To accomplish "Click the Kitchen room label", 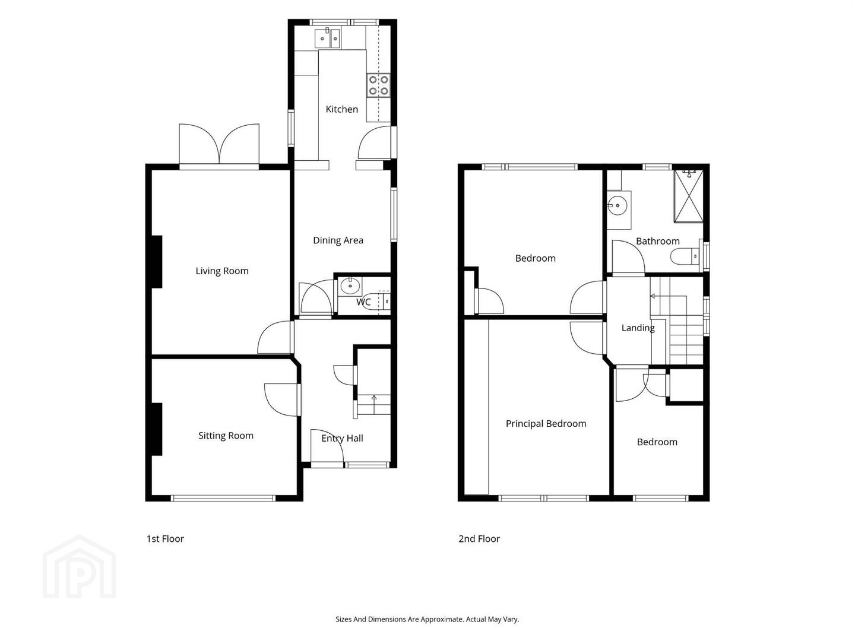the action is click(341, 109).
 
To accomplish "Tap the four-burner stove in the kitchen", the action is click(378, 85).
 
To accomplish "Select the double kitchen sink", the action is click(327, 38).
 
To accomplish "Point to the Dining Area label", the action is click(338, 240).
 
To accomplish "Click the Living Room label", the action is click(222, 271).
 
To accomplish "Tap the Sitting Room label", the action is click(226, 436).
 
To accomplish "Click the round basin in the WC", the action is click(350, 286).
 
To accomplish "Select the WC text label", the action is click(363, 302).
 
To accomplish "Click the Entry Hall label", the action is click(342, 438).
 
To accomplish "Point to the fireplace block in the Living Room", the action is click(157, 262).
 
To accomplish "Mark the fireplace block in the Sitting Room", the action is click(157, 429).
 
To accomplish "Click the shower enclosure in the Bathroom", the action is click(688, 196).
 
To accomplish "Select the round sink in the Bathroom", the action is click(617, 207).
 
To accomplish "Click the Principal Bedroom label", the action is click(546, 423).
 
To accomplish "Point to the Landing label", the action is click(638, 328).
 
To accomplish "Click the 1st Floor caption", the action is click(165, 539).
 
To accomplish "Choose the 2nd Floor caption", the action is click(479, 539).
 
